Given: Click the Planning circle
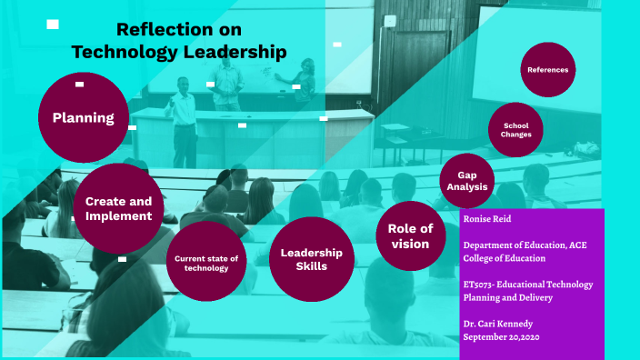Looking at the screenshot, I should (83, 117).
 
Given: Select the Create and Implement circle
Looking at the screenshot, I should (118, 208).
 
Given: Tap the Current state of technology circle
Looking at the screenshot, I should (206, 262).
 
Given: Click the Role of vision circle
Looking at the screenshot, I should (410, 235).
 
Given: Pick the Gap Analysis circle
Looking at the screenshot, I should (467, 180).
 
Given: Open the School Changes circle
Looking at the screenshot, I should (515, 129).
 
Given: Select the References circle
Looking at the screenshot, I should (547, 69).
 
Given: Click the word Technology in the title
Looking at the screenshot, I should (118, 53).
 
